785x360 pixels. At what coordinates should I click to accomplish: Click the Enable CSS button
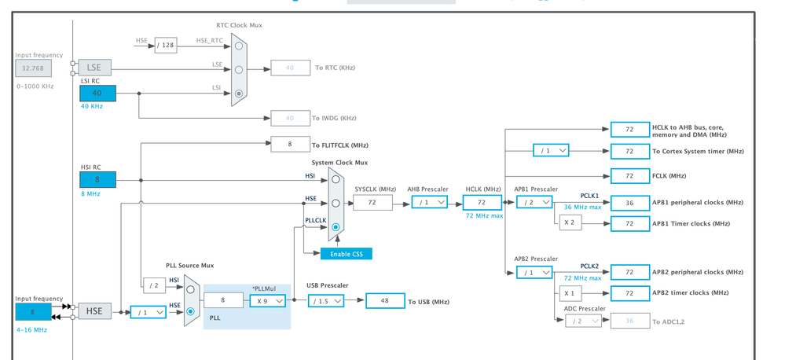pyautogui.click(x=346, y=254)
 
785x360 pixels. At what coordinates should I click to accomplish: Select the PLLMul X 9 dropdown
pyautogui.click(x=267, y=301)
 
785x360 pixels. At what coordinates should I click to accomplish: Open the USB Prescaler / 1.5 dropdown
pyautogui.click(x=325, y=301)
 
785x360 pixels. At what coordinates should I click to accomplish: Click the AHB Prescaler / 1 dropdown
pyautogui.click(x=429, y=203)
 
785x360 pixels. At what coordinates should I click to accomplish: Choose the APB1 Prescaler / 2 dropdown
pyautogui.click(x=534, y=203)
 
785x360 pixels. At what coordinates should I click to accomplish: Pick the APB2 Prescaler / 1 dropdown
pyautogui.click(x=534, y=272)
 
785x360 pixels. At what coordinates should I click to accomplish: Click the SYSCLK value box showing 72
pyautogui.click(x=372, y=203)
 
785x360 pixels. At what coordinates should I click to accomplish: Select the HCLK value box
pyautogui.click(x=482, y=203)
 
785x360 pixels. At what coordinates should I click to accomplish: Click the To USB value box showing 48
pyautogui.click(x=385, y=301)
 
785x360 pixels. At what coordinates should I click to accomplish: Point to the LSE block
pyautogui.click(x=94, y=68)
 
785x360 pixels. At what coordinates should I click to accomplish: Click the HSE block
pyautogui.click(x=94, y=311)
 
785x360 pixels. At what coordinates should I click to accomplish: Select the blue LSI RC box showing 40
pyautogui.click(x=97, y=93)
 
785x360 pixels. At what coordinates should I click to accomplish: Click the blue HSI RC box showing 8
pyautogui.click(x=97, y=180)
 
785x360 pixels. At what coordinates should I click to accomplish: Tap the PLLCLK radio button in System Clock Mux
pyautogui.click(x=336, y=227)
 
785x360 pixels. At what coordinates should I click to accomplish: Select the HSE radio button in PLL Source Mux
pyautogui.click(x=190, y=311)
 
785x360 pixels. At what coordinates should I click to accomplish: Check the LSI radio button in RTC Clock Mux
pyautogui.click(x=239, y=94)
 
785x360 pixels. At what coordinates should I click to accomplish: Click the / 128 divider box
pyautogui.click(x=165, y=46)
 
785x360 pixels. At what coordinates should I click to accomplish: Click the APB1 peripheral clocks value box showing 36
pyautogui.click(x=629, y=203)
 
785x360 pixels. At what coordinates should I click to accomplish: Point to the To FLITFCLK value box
pyautogui.click(x=290, y=144)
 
